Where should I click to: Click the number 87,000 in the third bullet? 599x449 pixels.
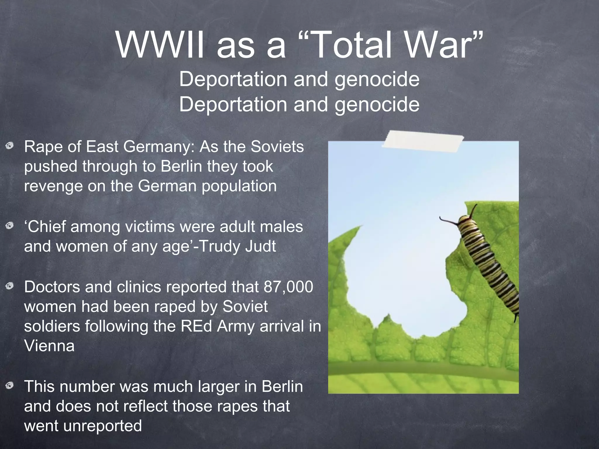(288, 287)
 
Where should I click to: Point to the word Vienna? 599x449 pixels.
(49, 346)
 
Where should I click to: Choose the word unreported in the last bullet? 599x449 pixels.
(102, 426)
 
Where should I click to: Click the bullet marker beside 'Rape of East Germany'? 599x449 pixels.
(10, 145)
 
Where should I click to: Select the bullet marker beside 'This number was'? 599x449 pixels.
(10, 386)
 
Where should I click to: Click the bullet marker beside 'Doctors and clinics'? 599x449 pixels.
(10, 286)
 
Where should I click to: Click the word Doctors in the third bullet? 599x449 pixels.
(52, 287)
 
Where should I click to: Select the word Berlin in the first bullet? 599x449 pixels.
(181, 166)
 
